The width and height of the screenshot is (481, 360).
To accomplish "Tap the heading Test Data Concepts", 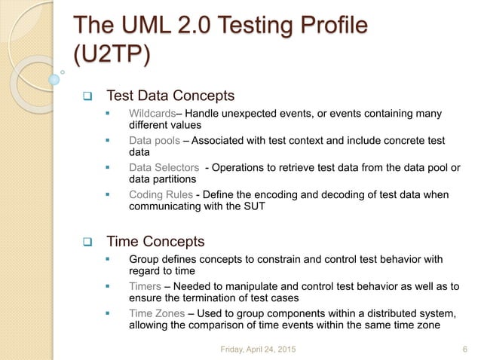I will pos(170,96).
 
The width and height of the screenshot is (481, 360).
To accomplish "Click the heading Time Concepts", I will pos(155,242).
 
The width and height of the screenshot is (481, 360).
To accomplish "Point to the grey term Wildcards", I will pos(154,114).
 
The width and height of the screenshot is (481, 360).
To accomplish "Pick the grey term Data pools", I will pos(154,141).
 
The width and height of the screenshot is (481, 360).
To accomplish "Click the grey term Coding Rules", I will pos(161,195).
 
